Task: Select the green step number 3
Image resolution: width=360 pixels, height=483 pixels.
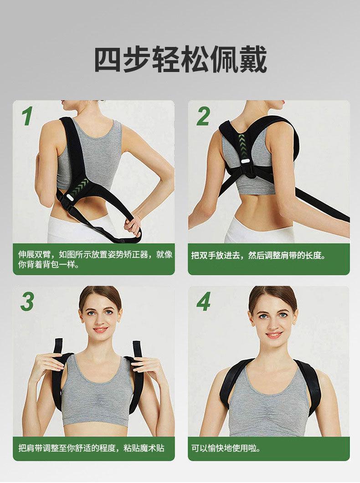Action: point(27,301)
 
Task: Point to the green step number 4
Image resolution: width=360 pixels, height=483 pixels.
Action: point(204,301)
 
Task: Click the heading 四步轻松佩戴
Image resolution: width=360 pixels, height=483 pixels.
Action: point(180,59)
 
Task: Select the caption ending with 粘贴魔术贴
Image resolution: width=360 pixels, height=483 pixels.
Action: point(91,447)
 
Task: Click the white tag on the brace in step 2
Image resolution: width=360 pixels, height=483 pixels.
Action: point(246,161)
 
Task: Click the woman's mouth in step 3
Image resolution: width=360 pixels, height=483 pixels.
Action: point(100,329)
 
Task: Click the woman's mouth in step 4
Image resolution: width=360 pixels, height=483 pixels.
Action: point(274,334)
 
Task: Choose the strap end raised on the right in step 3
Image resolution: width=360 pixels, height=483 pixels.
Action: point(137,349)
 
